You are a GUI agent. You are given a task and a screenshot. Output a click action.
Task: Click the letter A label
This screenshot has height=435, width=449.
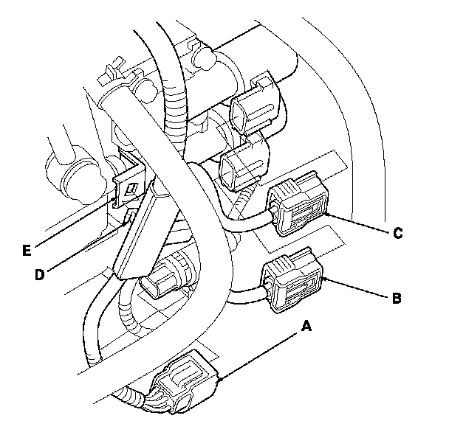[x=305, y=324]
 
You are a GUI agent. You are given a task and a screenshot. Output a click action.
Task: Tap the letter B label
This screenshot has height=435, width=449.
[x=397, y=299]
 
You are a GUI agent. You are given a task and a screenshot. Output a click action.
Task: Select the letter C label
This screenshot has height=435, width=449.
[x=397, y=233]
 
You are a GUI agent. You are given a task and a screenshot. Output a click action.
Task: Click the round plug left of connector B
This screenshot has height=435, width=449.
[x=162, y=283]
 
